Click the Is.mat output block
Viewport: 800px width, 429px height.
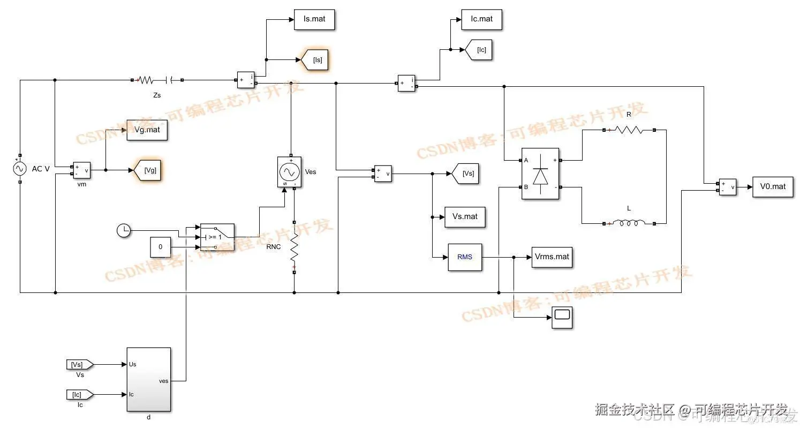[314, 19]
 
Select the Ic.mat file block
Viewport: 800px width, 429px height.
[481, 19]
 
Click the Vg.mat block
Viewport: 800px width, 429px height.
[147, 130]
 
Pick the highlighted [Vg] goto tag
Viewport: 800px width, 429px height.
[148, 170]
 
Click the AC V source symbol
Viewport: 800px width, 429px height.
[20, 169]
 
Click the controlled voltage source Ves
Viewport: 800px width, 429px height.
[289, 172]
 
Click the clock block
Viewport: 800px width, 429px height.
[124, 231]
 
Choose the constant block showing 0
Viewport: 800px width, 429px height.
[160, 247]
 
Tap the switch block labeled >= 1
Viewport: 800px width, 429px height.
[217, 237]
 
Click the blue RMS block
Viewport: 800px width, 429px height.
[465, 257]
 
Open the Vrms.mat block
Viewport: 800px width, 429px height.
[552, 257]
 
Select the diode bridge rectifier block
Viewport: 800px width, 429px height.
[540, 174]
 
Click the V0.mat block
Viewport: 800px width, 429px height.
[772, 186]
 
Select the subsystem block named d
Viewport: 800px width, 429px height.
[148, 379]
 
